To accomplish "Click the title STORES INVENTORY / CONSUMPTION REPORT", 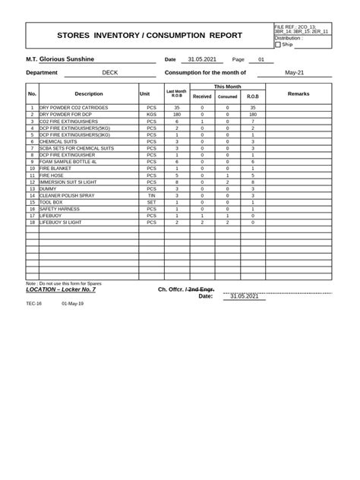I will pos(150,36).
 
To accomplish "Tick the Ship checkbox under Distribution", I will pos(278,45).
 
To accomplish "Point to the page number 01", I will pos(261,59).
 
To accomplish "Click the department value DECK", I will pos(109,73).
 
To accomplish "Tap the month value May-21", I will pos(294,73).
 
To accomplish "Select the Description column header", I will pos(88,93).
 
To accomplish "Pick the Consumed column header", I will pos(227,97).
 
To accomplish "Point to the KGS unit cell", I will pos(151,115).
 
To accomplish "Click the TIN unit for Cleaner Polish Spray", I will pos(151,196).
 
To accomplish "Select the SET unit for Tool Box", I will pos(151,203).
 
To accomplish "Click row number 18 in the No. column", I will pos(32,223).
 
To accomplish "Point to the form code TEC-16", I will pos(34,302).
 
